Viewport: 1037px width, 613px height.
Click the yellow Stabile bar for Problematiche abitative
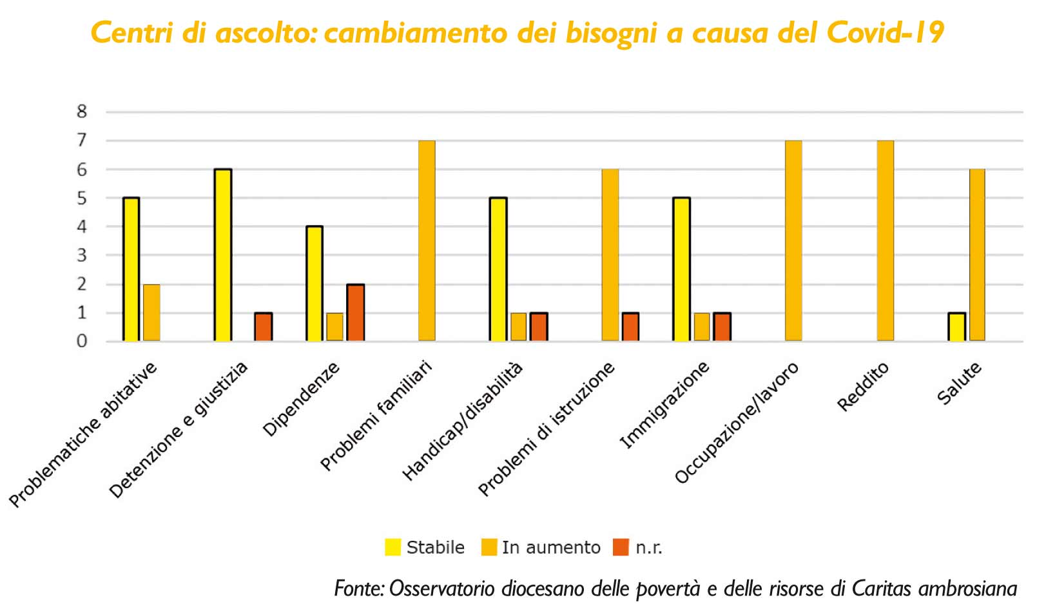click(131, 269)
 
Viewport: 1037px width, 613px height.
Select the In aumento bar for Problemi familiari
click(427, 240)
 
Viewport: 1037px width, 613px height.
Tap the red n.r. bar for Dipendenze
click(355, 313)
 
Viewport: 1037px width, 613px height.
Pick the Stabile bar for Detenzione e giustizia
click(223, 255)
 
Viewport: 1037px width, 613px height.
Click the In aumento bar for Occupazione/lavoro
click(793, 240)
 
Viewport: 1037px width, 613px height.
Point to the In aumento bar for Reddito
click(886, 240)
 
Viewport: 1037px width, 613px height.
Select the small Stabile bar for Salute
click(956, 327)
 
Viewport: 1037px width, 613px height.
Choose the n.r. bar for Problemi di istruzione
click(630, 327)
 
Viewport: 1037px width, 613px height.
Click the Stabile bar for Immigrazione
click(681, 269)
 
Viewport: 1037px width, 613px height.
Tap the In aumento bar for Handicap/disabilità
click(519, 327)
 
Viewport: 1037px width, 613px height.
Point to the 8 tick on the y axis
click(81, 112)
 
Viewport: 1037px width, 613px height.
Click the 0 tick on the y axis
click(81, 342)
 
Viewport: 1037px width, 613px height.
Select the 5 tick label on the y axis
click(81, 199)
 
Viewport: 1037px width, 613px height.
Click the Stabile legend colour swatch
click(393, 547)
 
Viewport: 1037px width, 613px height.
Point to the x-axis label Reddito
click(863, 387)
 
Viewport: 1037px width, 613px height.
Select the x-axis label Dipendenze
click(302, 400)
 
